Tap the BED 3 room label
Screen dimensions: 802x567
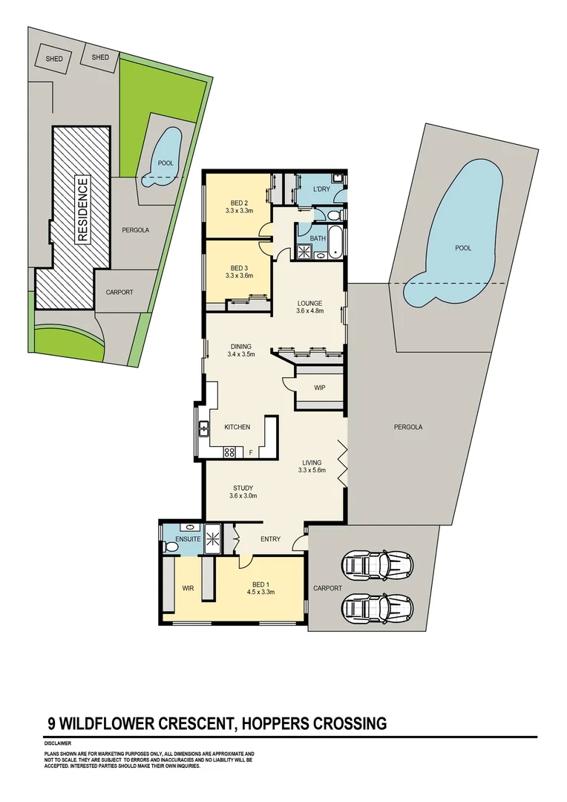(239, 268)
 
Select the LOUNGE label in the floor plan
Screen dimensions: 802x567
(309, 303)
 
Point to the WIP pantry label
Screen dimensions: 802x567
(320, 388)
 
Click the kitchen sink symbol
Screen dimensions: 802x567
(203, 427)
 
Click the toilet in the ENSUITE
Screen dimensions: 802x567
(171, 546)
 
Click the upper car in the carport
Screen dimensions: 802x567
(378, 566)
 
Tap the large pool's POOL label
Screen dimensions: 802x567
(463, 248)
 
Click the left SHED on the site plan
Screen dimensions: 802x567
(53, 59)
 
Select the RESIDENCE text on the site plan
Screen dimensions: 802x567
(82, 211)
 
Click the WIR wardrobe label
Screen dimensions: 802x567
(188, 588)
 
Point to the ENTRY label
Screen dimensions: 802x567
(270, 539)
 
